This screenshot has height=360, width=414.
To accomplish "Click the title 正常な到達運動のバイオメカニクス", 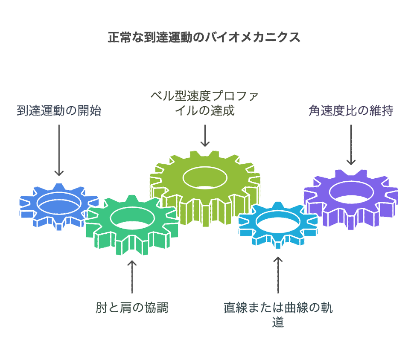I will [x=204, y=37].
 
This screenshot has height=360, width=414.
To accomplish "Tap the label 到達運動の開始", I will [x=59, y=111].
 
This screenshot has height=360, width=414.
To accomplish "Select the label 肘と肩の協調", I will [x=131, y=307].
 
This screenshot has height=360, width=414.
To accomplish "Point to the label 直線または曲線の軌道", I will [x=278, y=314].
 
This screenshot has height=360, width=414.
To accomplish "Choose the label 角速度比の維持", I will [x=351, y=111].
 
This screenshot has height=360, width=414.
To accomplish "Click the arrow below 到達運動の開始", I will [x=59, y=149].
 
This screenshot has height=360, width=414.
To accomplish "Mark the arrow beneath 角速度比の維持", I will [x=351, y=144].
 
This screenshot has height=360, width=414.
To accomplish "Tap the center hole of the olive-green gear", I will [x=205, y=176].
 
